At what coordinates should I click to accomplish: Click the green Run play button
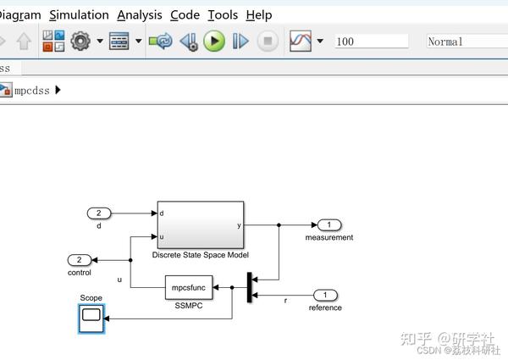[213, 41]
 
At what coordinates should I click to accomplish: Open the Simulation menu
[79, 14]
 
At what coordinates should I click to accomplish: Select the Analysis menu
[139, 14]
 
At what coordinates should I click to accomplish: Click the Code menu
[185, 14]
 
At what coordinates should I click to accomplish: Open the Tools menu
[223, 14]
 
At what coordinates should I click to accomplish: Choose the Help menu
[259, 14]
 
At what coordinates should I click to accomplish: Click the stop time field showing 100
[370, 41]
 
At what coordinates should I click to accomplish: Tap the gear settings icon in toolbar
[80, 41]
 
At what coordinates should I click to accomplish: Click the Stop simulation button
[268, 41]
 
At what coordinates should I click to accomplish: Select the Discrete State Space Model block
[200, 224]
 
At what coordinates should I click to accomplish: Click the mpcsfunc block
[189, 287]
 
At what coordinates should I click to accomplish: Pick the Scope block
[91, 318]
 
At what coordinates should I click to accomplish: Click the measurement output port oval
[329, 224]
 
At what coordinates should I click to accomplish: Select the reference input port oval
[325, 295]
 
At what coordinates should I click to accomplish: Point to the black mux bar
[249, 287]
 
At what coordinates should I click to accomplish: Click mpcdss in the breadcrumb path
[32, 90]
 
